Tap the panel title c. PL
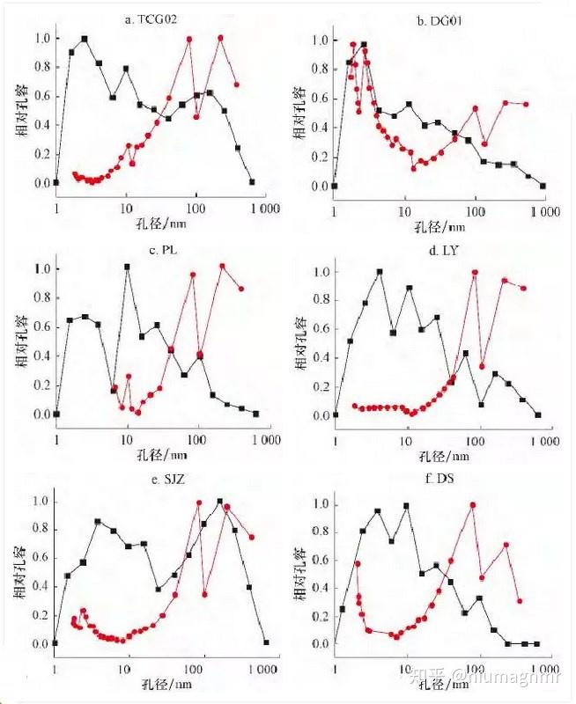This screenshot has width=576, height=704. [159, 250]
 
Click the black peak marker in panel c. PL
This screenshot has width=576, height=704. [128, 267]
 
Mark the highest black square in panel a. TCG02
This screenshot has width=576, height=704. [85, 39]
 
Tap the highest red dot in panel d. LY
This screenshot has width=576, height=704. [476, 273]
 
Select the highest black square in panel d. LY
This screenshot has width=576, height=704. [380, 272]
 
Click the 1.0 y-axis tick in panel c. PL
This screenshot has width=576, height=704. [40, 269]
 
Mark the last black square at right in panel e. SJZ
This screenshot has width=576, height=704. [266, 642]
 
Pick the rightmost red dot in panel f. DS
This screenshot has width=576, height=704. [520, 601]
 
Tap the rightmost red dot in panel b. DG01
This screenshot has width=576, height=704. [526, 104]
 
